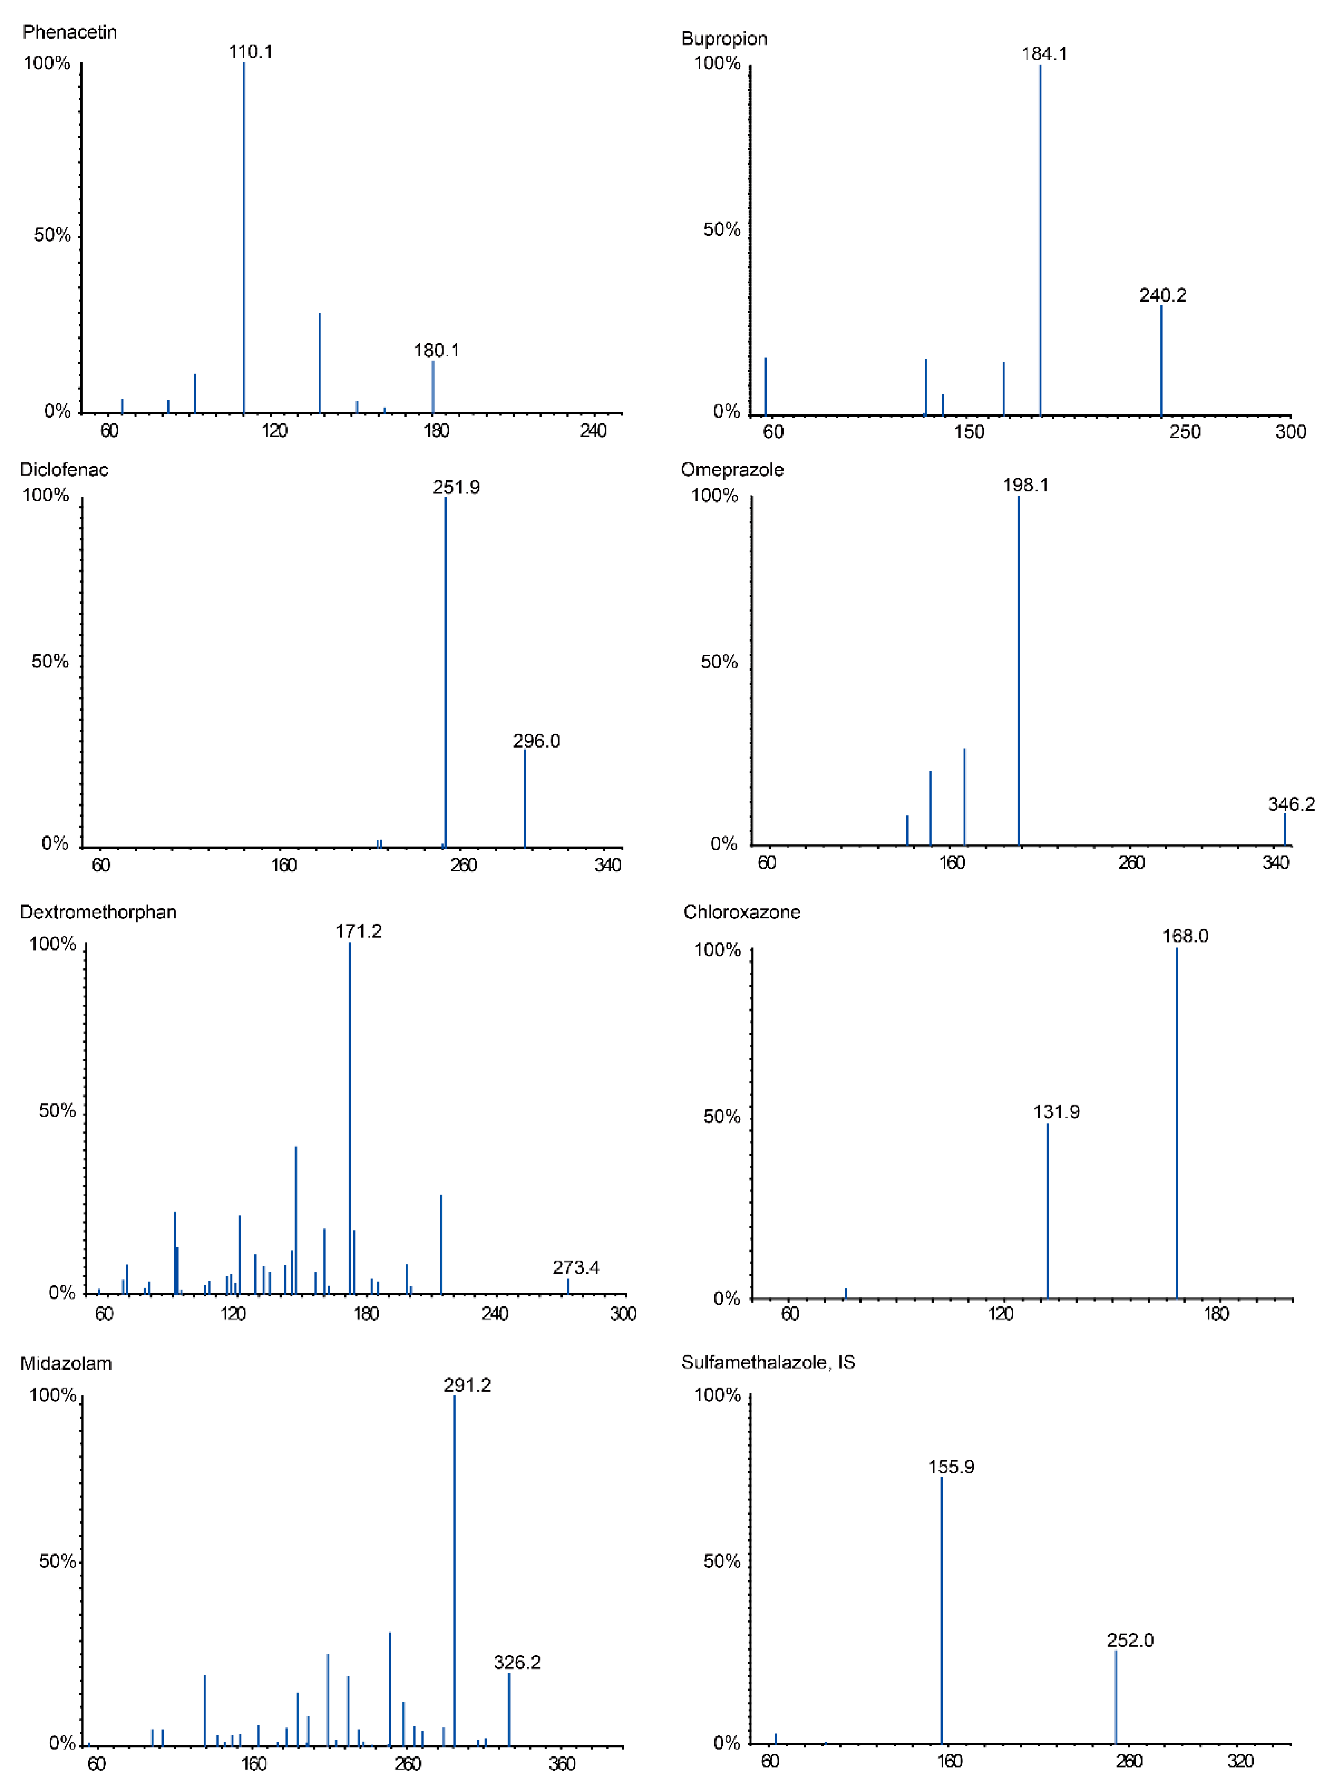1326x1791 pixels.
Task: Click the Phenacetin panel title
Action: tap(70, 32)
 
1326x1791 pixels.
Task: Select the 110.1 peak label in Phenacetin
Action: tap(250, 51)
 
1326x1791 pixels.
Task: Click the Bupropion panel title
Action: tap(724, 38)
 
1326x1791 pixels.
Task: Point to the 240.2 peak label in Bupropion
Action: tap(1162, 295)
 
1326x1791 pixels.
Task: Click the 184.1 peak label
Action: tap(1044, 54)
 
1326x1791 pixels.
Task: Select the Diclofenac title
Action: tap(64, 470)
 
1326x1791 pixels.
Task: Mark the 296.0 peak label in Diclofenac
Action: tap(536, 741)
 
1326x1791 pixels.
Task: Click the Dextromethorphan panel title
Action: tap(98, 911)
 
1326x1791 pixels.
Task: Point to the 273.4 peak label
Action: tap(576, 1267)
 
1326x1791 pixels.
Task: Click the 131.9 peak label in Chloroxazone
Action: tap(1056, 1112)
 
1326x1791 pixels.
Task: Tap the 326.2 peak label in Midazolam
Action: tap(517, 1662)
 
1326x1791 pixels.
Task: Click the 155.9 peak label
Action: tap(951, 1467)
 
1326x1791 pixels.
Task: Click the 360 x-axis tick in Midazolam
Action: tap(562, 1763)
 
